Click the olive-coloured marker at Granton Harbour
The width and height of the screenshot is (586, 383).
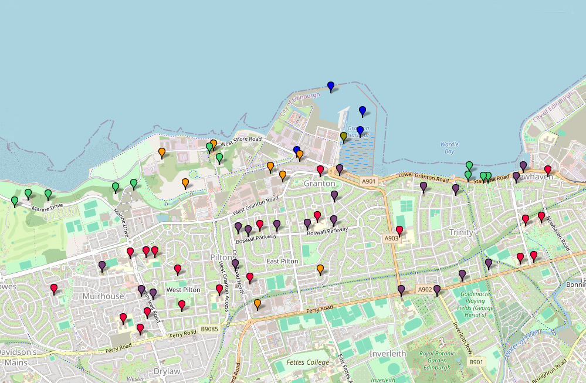coord(344,137)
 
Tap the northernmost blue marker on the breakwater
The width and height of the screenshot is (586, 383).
coord(331,86)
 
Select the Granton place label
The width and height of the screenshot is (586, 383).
coord(319,184)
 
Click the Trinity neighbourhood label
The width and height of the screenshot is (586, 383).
coord(461,232)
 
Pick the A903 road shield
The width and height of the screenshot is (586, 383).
coord(391,238)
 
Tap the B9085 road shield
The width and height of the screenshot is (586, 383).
coord(208,329)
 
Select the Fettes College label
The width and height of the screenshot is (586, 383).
coord(308,362)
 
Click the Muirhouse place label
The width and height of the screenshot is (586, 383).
coord(104,296)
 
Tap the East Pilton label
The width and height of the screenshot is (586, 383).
coord(283,261)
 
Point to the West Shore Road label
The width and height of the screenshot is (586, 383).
coord(241,139)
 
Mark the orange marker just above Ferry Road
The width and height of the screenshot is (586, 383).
coord(258,303)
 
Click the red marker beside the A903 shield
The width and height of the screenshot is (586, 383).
coord(399,230)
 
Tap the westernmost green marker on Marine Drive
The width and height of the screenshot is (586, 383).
coord(15,201)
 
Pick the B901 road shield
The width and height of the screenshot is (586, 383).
coord(476,362)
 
